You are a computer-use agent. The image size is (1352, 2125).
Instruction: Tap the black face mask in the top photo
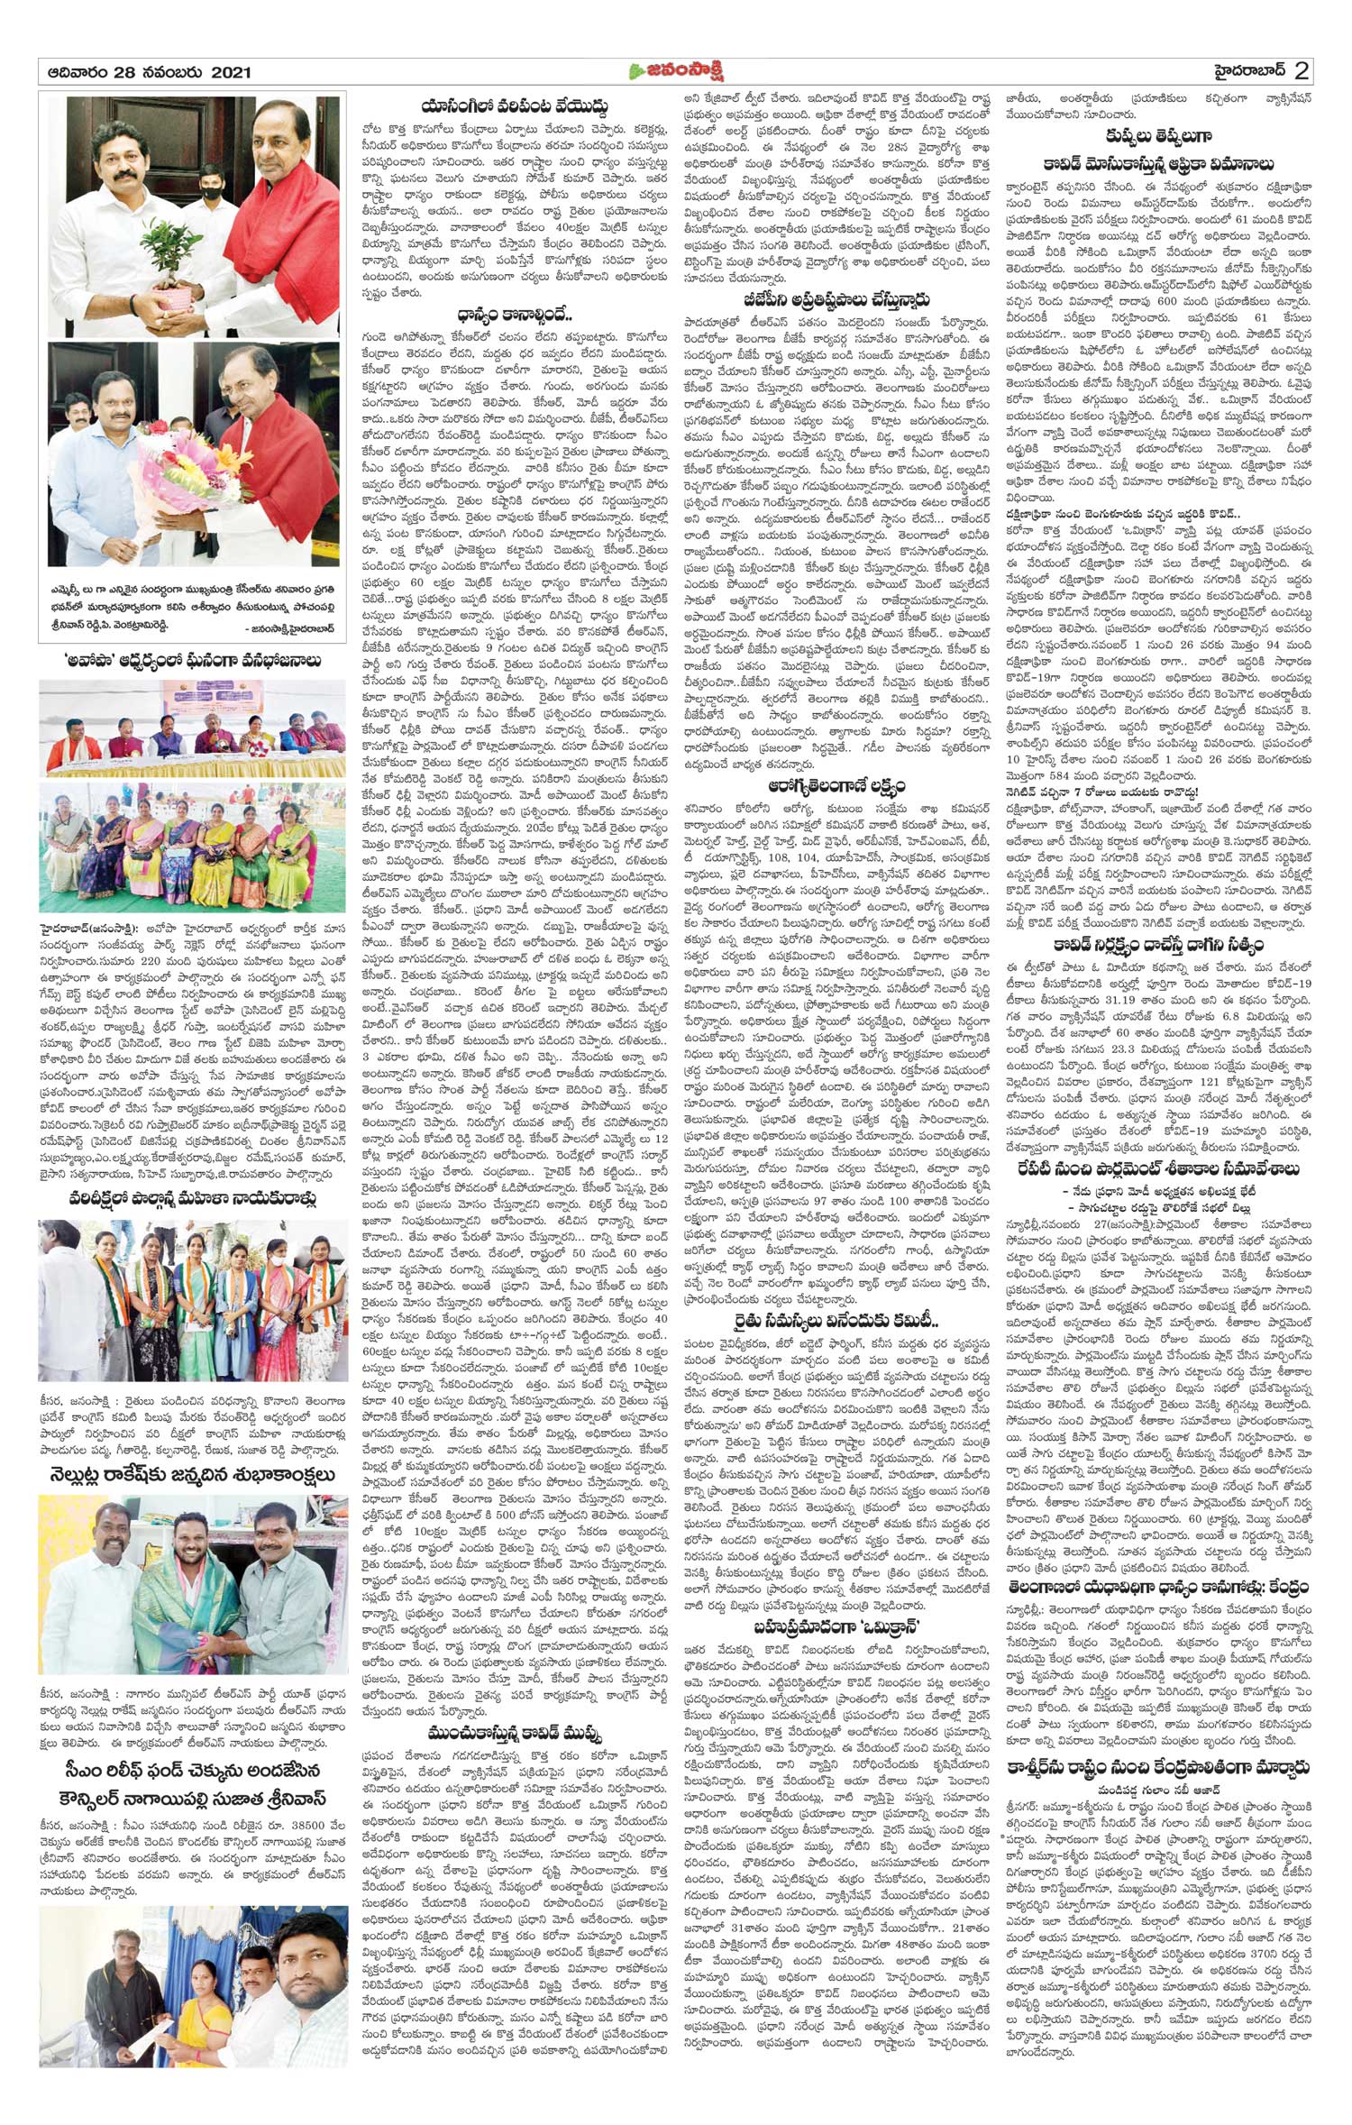tap(209, 220)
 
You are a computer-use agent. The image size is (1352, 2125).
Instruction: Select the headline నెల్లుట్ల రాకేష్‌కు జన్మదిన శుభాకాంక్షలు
tap(192, 1474)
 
